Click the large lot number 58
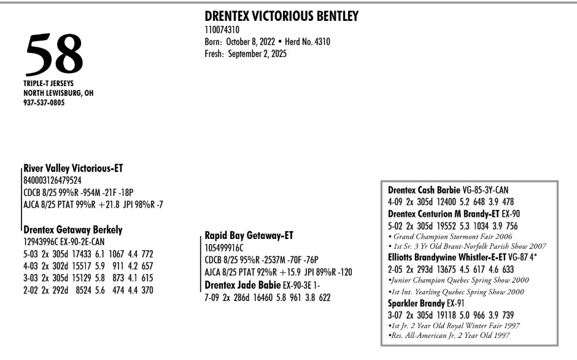click(x=54, y=54)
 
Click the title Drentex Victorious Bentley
click(x=281, y=17)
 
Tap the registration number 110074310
click(x=222, y=29)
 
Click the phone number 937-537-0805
click(x=45, y=103)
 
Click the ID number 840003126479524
click(x=52, y=181)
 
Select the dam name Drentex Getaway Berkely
click(x=73, y=230)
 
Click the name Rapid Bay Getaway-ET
click(x=249, y=235)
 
